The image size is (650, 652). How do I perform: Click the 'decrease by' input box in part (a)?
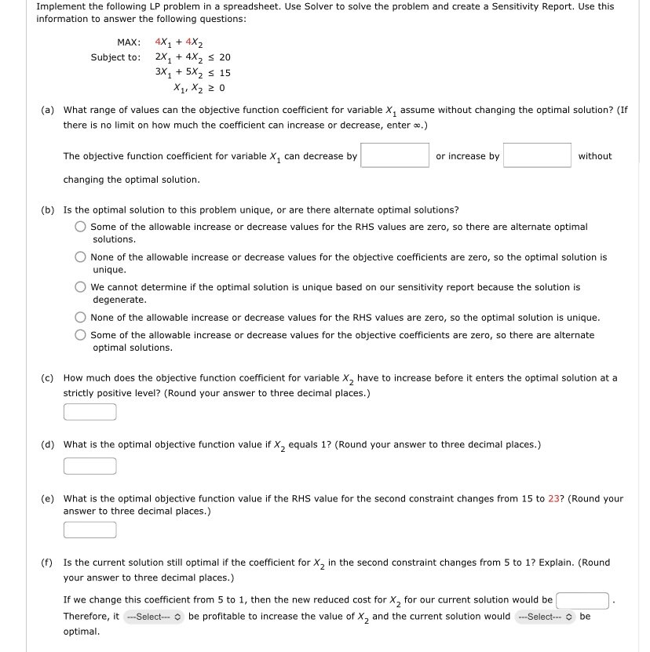pyautogui.click(x=395, y=155)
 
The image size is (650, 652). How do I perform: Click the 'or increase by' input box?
pyautogui.click(x=537, y=155)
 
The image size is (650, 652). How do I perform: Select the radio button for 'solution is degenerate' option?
pyautogui.click(x=81, y=287)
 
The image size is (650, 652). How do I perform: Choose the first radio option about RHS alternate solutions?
pyautogui.click(x=81, y=227)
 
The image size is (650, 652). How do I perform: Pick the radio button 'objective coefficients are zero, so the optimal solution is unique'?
pyautogui.click(x=81, y=257)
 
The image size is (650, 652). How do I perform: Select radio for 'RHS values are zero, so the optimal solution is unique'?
pyautogui.click(x=81, y=318)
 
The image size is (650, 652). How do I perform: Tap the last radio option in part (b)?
pyautogui.click(x=81, y=335)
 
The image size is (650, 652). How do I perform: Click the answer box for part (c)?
pyautogui.click(x=90, y=412)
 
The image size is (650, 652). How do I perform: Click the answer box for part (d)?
pyautogui.click(x=90, y=466)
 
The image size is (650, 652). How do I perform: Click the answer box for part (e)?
pyautogui.click(x=90, y=530)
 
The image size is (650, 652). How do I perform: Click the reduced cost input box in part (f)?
pyautogui.click(x=583, y=601)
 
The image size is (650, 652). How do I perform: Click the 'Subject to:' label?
pyautogui.click(x=115, y=57)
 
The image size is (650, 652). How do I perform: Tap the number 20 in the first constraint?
pyautogui.click(x=225, y=57)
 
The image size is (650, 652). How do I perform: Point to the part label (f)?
pyautogui.click(x=47, y=563)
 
